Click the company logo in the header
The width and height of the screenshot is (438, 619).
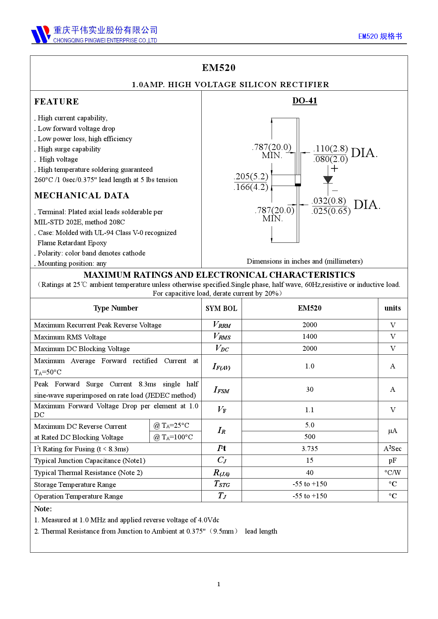point(41,34)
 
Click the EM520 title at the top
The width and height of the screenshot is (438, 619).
point(219,68)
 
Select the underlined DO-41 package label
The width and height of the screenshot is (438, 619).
point(304,101)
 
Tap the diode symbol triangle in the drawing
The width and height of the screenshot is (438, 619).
point(328,179)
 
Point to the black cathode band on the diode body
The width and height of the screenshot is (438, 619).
point(298,185)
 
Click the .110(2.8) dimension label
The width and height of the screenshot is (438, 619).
point(331,149)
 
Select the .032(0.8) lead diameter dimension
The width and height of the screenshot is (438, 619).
point(330,201)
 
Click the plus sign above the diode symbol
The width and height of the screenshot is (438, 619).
point(334,169)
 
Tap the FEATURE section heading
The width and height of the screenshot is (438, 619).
point(57,102)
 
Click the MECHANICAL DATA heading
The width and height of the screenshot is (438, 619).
point(82,196)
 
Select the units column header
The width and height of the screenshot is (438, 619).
point(392,308)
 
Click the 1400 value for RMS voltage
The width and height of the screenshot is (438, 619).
point(309,337)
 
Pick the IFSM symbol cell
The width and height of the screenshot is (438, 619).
point(221,390)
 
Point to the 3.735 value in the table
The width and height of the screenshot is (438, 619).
point(309,449)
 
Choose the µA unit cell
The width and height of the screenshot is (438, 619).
point(392,431)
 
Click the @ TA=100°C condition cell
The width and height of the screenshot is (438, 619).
point(173,437)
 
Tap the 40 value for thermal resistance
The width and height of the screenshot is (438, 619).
point(309,473)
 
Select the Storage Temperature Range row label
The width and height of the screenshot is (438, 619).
point(75,485)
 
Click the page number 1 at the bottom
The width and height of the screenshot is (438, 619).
point(219,584)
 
